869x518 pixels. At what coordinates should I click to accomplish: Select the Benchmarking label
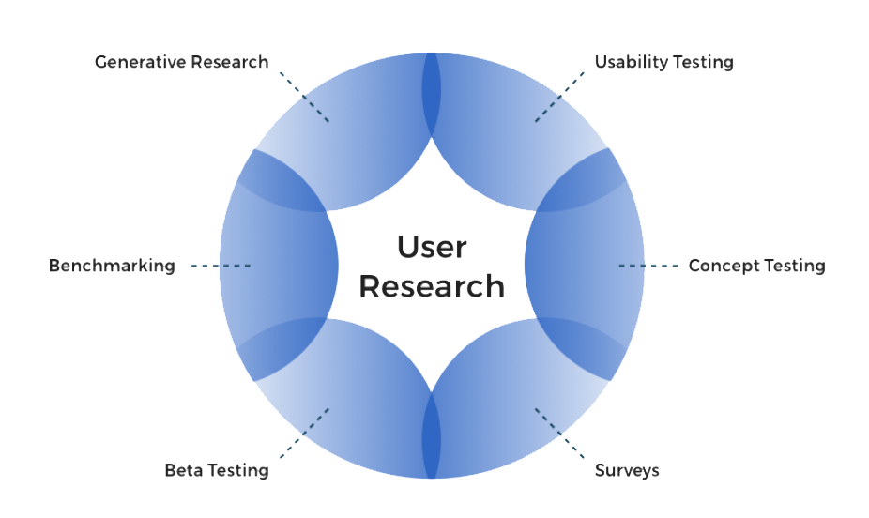coord(112,266)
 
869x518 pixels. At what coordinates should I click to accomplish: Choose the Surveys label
coord(628,471)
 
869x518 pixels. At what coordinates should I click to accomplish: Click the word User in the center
coord(432,247)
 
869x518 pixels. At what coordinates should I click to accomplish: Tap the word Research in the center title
coord(432,286)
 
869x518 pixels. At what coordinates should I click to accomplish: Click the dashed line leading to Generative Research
coord(304,97)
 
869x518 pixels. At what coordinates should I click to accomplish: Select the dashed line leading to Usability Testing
coord(559,97)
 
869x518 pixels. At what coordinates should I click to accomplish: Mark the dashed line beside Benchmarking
coord(221,266)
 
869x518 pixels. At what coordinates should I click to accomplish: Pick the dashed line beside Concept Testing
coord(648,266)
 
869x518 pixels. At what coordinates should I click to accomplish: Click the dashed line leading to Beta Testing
coord(304,434)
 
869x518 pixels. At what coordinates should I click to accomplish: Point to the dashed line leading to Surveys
coord(559,434)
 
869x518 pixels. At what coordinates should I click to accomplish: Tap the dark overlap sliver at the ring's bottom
coord(431,435)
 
